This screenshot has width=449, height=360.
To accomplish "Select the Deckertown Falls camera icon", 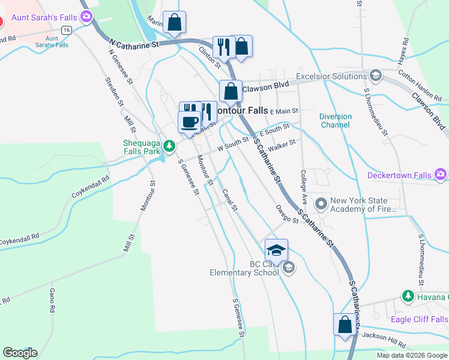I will point(441,175).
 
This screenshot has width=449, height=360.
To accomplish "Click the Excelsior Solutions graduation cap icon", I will point(376,76).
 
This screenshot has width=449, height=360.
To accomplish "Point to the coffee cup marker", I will point(190,122).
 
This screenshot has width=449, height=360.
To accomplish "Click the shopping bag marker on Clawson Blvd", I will point(231,92).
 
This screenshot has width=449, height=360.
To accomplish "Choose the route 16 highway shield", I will point(66,29).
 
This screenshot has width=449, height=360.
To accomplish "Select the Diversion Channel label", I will point(335,121).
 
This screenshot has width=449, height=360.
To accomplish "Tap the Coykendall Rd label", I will point(91,187).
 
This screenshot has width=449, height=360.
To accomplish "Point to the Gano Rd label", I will point(52,300).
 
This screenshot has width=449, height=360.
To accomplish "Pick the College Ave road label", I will point(304,185).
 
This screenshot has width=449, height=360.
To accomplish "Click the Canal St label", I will point(230,199).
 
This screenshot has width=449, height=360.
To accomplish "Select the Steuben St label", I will point(114,91).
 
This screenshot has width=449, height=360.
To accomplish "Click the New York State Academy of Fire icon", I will point(321,205).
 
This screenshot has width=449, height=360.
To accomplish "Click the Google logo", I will point(20,352).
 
